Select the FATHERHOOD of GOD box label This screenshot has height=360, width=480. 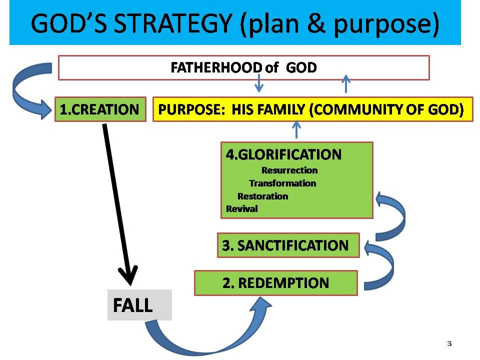point(243,67)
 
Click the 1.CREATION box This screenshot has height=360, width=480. point(99,109)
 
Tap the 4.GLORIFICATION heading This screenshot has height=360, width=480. point(283,154)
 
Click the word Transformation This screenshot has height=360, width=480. point(282,183)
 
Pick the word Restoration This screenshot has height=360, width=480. point(262,196)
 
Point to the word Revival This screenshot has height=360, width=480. point(242,209)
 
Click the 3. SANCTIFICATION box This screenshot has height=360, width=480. point(288,245)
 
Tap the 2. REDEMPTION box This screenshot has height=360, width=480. point(275,283)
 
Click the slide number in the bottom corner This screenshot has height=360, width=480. point(449,343)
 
